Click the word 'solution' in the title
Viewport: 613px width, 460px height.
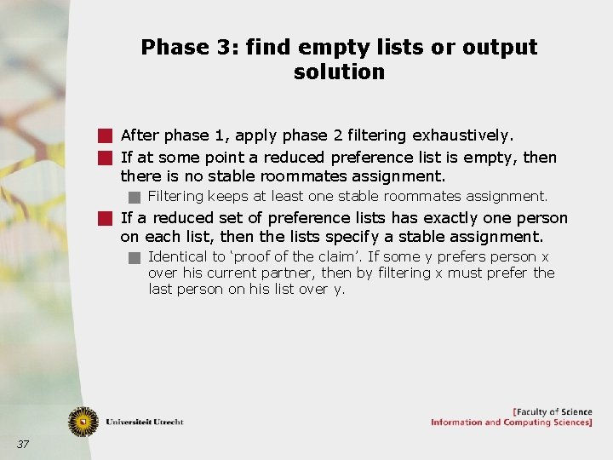[x=339, y=72]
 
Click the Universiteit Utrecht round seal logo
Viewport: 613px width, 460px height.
[x=83, y=420]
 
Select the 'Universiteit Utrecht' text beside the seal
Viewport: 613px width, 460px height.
[x=144, y=422]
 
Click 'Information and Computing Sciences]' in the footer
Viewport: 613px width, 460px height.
[x=511, y=423]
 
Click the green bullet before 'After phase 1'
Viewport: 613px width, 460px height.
[x=105, y=135]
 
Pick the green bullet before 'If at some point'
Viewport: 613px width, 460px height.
[x=105, y=158]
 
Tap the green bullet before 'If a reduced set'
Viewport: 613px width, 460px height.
[x=105, y=218]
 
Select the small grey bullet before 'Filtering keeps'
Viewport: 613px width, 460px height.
[x=135, y=197]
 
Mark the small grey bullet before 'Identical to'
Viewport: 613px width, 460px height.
[x=135, y=257]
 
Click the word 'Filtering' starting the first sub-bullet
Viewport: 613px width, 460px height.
[x=175, y=196]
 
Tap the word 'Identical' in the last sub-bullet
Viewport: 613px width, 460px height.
[x=176, y=256]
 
